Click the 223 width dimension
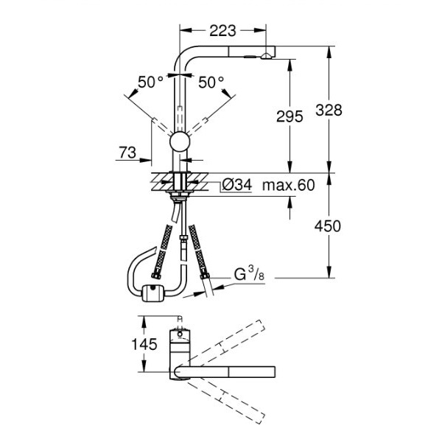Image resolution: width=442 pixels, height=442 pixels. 222,30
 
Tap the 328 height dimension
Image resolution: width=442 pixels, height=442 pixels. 329,110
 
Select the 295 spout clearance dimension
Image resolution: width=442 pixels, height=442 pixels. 290,116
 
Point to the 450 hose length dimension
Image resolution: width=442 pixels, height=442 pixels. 328,226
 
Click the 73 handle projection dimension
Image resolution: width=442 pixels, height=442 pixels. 127,152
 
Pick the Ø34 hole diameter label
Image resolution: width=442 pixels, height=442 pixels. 236,185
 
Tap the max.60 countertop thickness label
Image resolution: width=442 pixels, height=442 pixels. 288,185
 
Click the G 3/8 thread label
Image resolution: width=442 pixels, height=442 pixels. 249,273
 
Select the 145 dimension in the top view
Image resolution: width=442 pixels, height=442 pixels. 144,344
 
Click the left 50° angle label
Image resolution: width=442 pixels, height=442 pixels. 150,82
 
